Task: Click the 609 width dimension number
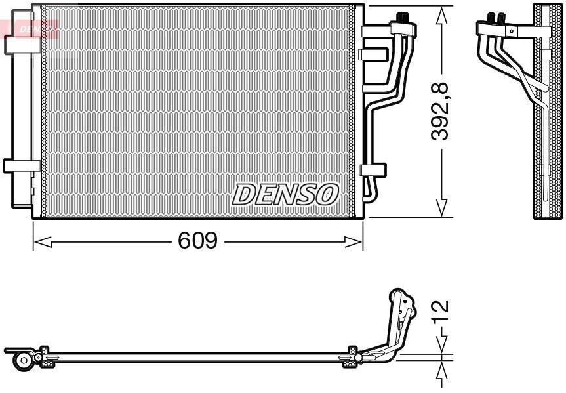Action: point(197,241)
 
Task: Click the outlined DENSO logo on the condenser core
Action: point(285,194)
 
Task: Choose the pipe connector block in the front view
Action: point(402,27)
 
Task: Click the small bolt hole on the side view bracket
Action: point(510,30)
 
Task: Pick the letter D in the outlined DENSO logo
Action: point(243,194)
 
